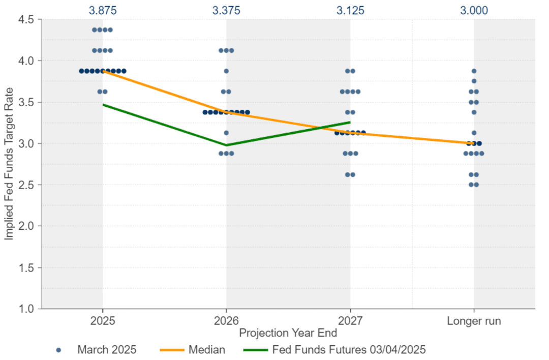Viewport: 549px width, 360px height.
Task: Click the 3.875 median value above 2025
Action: [x=103, y=10]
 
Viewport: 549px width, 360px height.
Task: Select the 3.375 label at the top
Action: [x=226, y=10]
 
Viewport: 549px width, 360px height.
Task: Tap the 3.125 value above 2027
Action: [x=350, y=10]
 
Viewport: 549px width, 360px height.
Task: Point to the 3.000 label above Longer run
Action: [x=474, y=10]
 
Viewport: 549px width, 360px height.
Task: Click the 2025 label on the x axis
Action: [x=103, y=321]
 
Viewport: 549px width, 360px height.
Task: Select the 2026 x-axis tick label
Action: [x=226, y=321]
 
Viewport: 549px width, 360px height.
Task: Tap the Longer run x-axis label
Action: [x=474, y=321]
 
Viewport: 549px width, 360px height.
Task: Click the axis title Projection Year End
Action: [x=288, y=333]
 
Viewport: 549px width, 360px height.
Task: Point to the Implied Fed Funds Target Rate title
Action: [x=9, y=164]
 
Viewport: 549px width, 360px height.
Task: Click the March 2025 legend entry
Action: [x=96, y=349]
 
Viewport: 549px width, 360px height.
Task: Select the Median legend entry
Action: [x=192, y=349]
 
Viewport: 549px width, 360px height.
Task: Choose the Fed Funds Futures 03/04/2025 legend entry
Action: [x=334, y=349]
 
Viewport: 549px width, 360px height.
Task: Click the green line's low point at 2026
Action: [x=226, y=145]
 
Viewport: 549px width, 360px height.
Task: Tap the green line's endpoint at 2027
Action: [x=350, y=122]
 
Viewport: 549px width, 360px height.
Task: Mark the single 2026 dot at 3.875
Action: [x=226, y=71]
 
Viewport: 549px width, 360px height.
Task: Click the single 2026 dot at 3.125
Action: [x=226, y=133]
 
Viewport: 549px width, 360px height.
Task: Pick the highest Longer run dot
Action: [x=474, y=71]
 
